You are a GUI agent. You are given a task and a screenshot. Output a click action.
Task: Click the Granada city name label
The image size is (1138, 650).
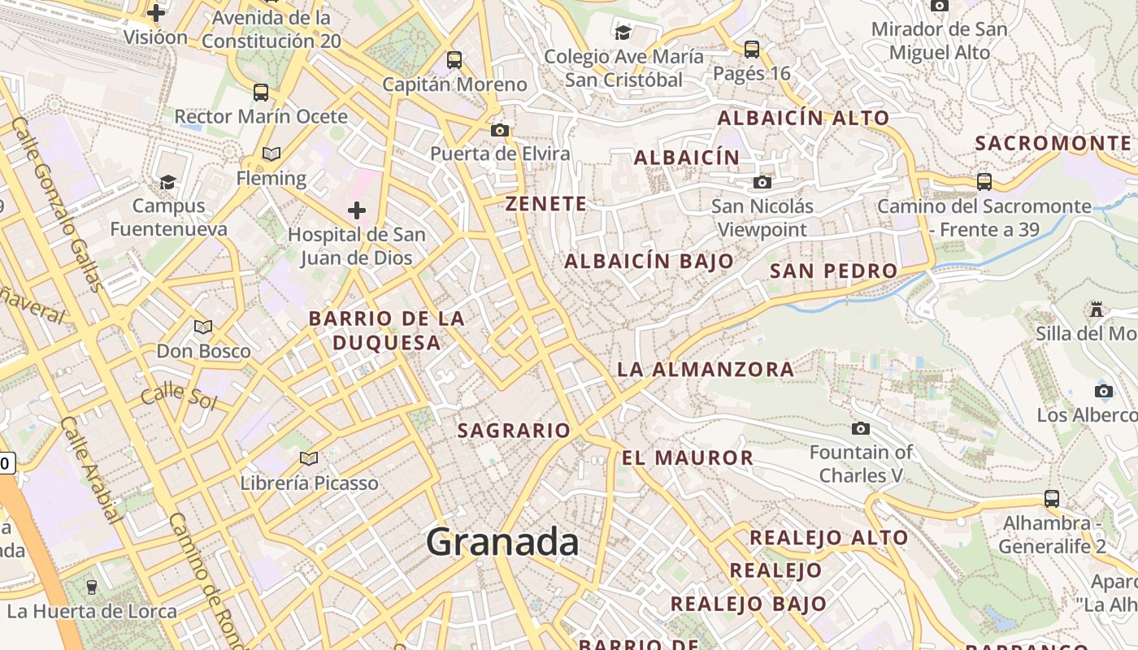(502, 542)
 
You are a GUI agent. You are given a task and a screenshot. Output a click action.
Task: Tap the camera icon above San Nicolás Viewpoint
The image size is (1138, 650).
(762, 182)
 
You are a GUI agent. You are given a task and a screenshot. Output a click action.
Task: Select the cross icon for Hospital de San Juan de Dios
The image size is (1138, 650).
(356, 211)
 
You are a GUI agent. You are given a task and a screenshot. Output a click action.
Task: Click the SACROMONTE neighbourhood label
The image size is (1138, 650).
(1052, 144)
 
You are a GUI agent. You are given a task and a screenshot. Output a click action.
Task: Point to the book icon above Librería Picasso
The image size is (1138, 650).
(308, 458)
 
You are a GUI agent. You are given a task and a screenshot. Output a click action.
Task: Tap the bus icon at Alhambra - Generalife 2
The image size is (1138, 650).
(1051, 498)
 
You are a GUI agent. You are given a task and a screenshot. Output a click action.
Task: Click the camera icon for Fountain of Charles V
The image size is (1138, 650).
(860, 428)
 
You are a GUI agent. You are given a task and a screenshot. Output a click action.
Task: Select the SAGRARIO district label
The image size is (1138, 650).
(514, 431)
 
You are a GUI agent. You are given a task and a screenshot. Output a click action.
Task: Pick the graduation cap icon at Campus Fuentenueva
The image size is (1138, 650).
(167, 181)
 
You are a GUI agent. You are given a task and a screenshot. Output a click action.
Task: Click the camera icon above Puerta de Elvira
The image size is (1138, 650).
(499, 130)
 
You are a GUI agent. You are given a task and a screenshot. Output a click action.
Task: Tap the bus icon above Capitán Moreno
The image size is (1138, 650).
(454, 59)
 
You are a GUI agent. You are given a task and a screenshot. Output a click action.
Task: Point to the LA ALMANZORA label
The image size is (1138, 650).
(706, 370)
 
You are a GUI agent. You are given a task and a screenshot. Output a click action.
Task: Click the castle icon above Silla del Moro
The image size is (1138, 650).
(1096, 309)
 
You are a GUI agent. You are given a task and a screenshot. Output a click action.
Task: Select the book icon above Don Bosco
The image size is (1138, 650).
(202, 327)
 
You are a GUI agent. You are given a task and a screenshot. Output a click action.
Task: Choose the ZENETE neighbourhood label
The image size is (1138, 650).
(545, 204)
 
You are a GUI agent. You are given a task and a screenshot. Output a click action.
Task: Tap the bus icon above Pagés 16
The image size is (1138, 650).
(751, 49)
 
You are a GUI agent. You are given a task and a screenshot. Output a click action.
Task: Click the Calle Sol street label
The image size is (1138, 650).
(178, 398)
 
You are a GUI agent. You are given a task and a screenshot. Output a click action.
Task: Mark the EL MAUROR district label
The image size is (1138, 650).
(688, 458)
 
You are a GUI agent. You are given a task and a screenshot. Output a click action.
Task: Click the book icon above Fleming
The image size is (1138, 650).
(271, 154)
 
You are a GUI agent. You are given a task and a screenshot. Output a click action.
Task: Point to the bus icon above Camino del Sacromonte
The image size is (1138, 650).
(984, 181)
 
